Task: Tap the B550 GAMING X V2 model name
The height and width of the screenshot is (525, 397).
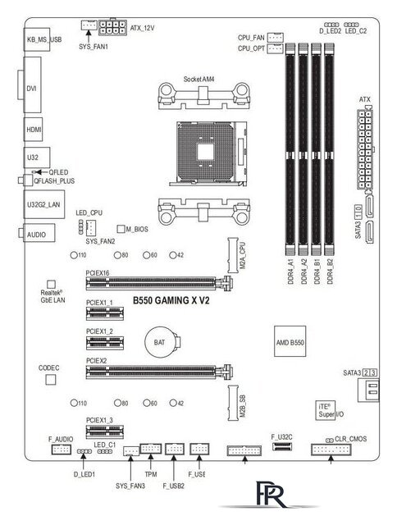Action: click(x=171, y=301)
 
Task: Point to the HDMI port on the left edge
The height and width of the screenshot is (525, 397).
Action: click(x=34, y=130)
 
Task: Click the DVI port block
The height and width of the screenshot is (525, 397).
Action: click(x=34, y=86)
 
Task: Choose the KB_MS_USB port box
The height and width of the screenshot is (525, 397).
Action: click(x=43, y=39)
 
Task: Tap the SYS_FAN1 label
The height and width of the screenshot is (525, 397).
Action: click(x=94, y=48)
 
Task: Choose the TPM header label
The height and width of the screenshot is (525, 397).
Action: click(x=151, y=473)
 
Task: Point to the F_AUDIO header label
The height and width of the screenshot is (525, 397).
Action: click(x=62, y=441)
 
